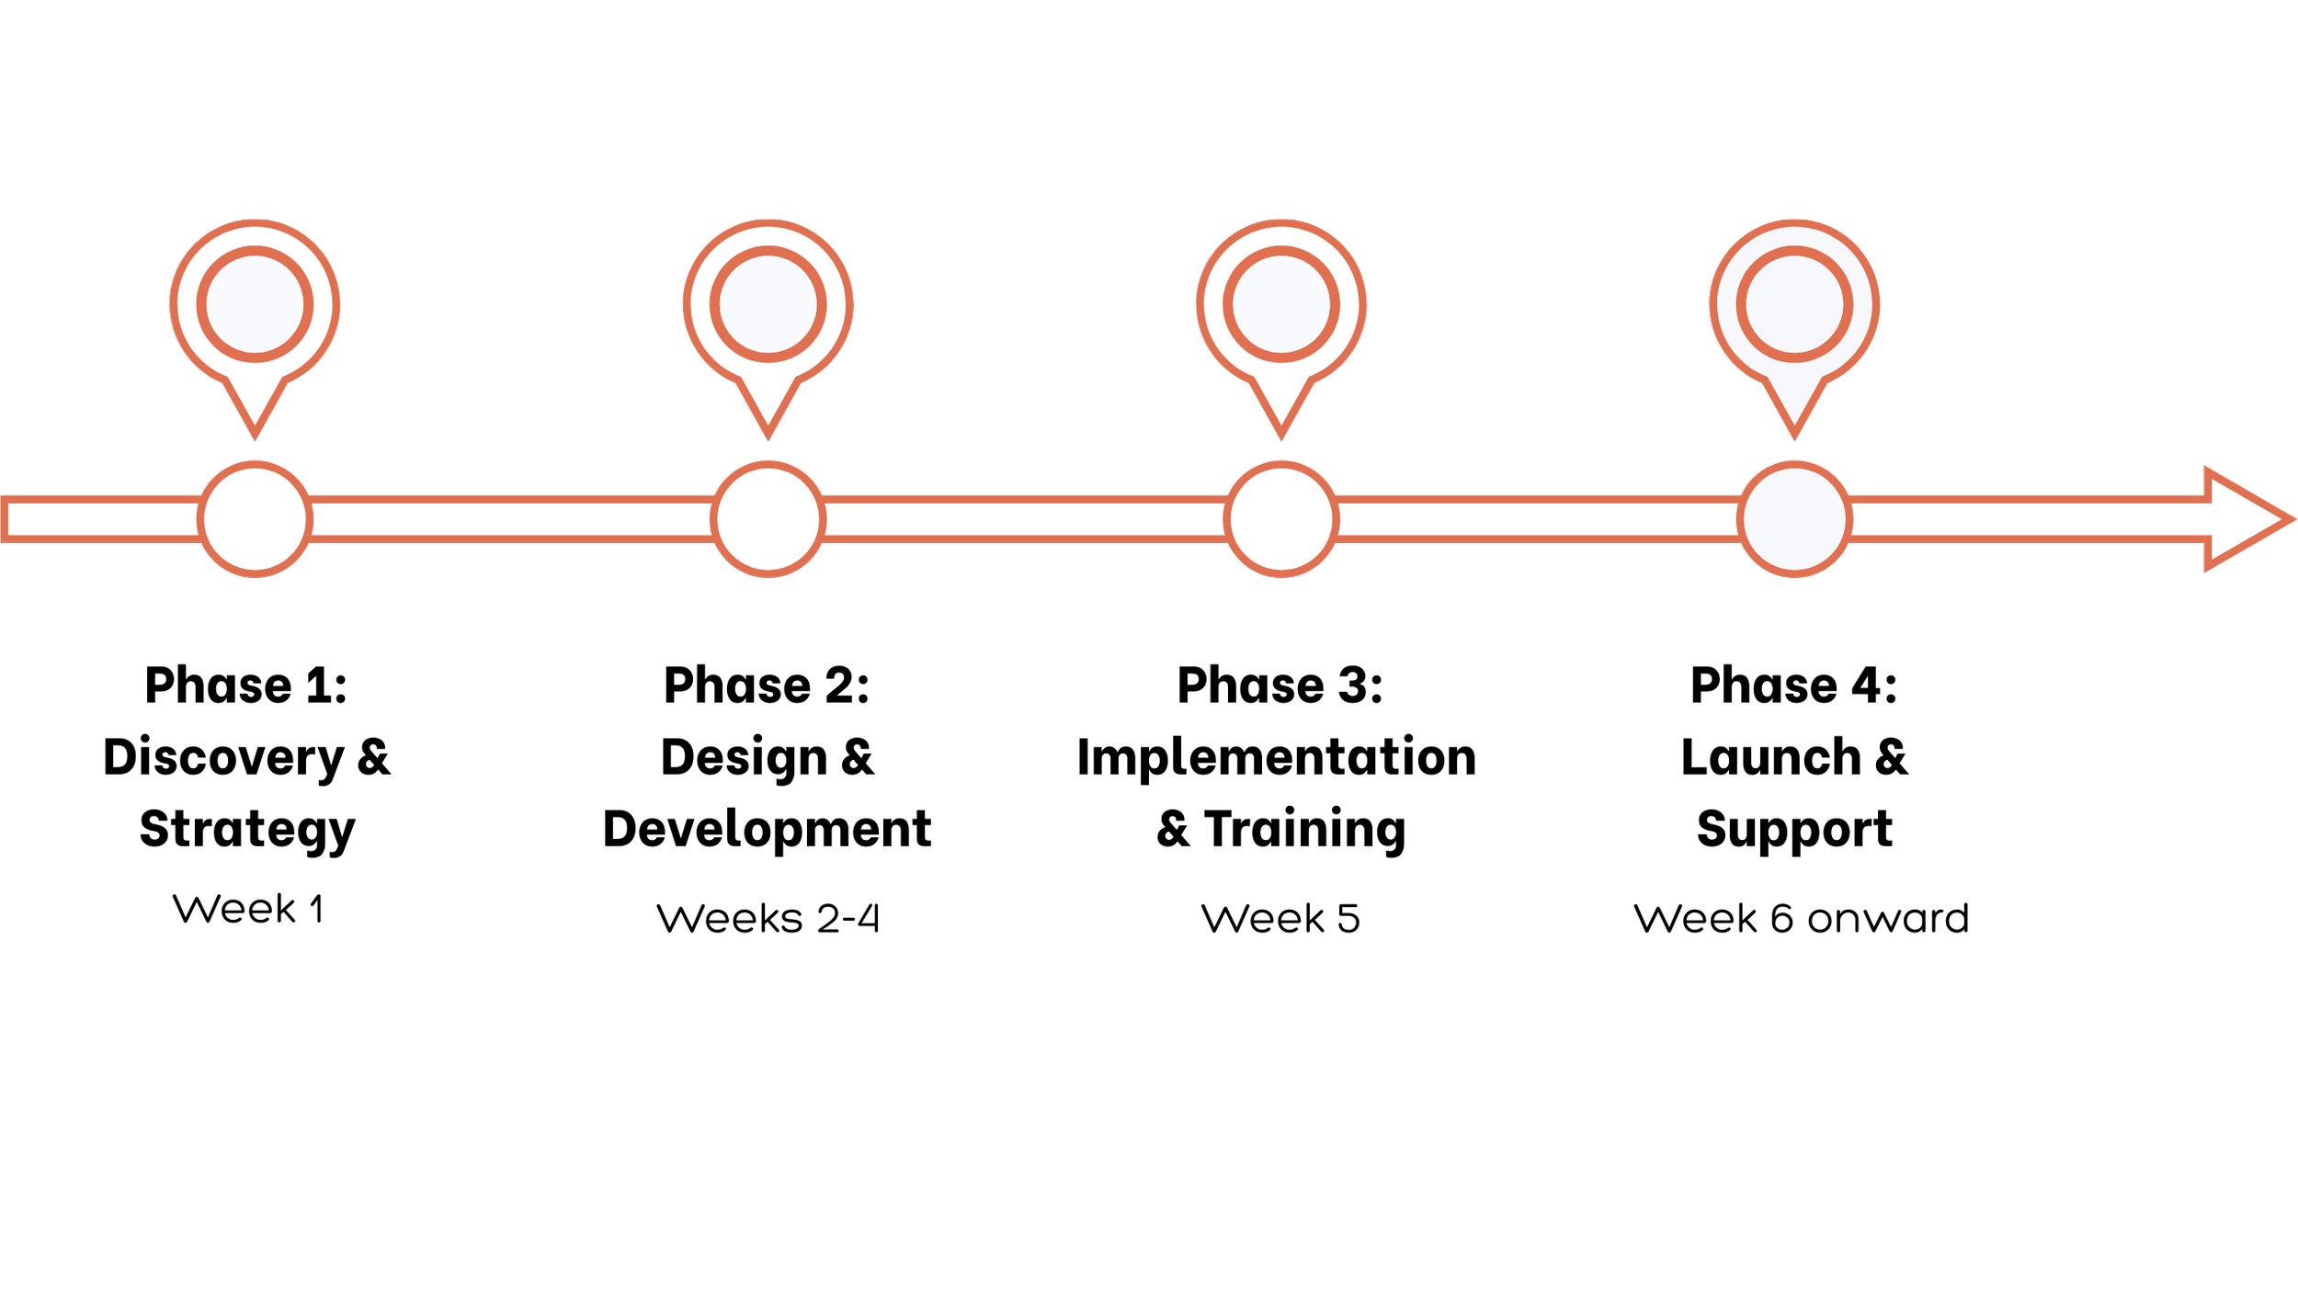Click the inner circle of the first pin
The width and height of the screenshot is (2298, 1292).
(255, 304)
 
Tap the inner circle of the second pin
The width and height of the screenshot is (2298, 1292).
(768, 304)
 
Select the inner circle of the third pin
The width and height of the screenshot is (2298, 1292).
(1280, 304)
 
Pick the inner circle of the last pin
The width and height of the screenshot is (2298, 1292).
(1794, 304)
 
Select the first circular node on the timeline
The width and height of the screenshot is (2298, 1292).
(255, 519)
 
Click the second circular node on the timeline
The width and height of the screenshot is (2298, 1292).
(768, 519)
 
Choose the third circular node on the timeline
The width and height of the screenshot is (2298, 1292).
(1280, 519)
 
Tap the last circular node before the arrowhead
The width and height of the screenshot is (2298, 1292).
(1794, 519)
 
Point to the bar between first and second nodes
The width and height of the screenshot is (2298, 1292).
(511, 519)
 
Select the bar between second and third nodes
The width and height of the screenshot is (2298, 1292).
(1024, 519)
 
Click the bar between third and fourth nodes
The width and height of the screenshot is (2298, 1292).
(1537, 519)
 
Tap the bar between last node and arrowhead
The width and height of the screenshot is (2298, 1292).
(2022, 519)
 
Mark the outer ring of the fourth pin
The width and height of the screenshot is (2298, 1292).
(1725, 304)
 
